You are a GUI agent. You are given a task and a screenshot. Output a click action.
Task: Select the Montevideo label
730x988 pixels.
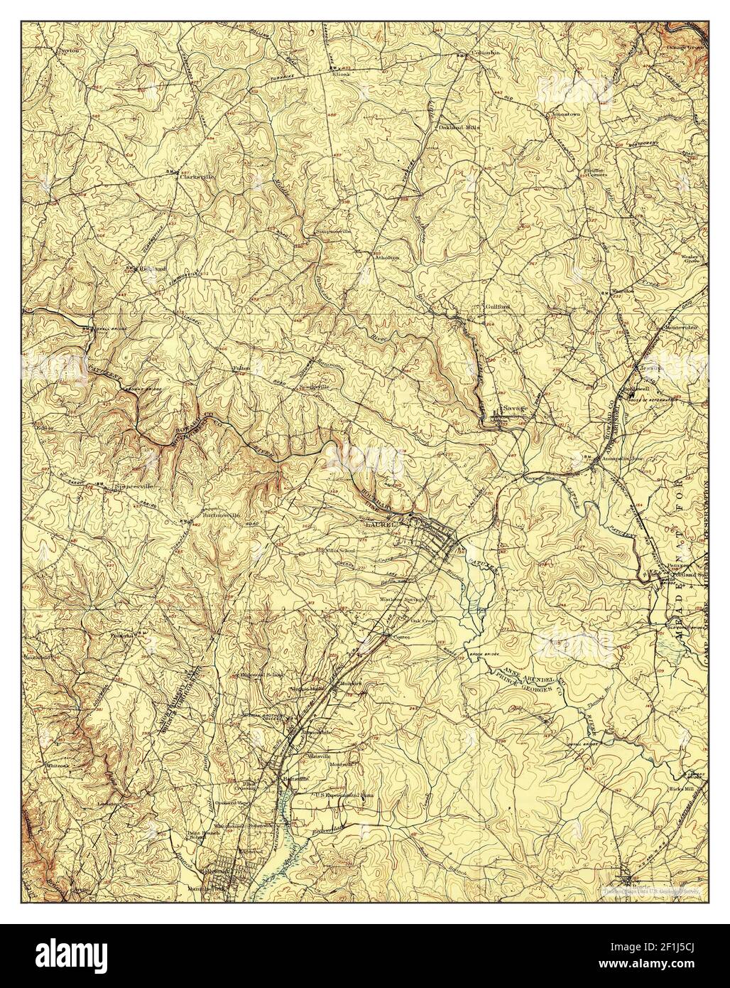tap(680, 327)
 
